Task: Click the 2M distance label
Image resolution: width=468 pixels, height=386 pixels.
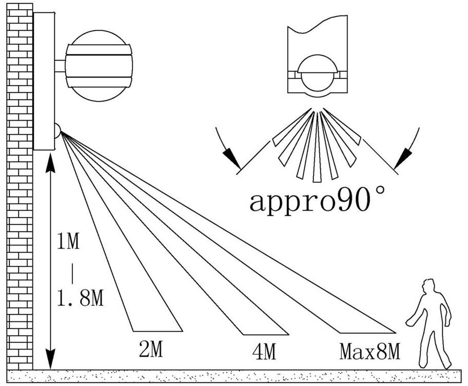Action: [x=151, y=349]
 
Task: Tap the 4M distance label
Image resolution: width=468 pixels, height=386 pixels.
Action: [x=264, y=352]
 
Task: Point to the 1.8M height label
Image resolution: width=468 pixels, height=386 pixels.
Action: [x=80, y=298]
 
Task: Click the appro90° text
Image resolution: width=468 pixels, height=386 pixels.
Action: [x=317, y=201]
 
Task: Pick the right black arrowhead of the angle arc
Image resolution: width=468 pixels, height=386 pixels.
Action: [x=403, y=159]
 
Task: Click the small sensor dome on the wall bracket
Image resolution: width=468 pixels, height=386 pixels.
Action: [x=57, y=131]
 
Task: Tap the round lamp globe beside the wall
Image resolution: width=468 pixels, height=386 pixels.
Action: [x=99, y=66]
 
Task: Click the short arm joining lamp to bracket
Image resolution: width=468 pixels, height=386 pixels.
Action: [x=60, y=66]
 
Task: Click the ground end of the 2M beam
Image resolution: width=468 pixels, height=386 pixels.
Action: [x=158, y=331]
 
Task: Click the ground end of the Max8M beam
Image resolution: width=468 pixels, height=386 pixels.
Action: [x=368, y=333]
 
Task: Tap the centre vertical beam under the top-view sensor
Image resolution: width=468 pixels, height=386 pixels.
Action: [x=317, y=147]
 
